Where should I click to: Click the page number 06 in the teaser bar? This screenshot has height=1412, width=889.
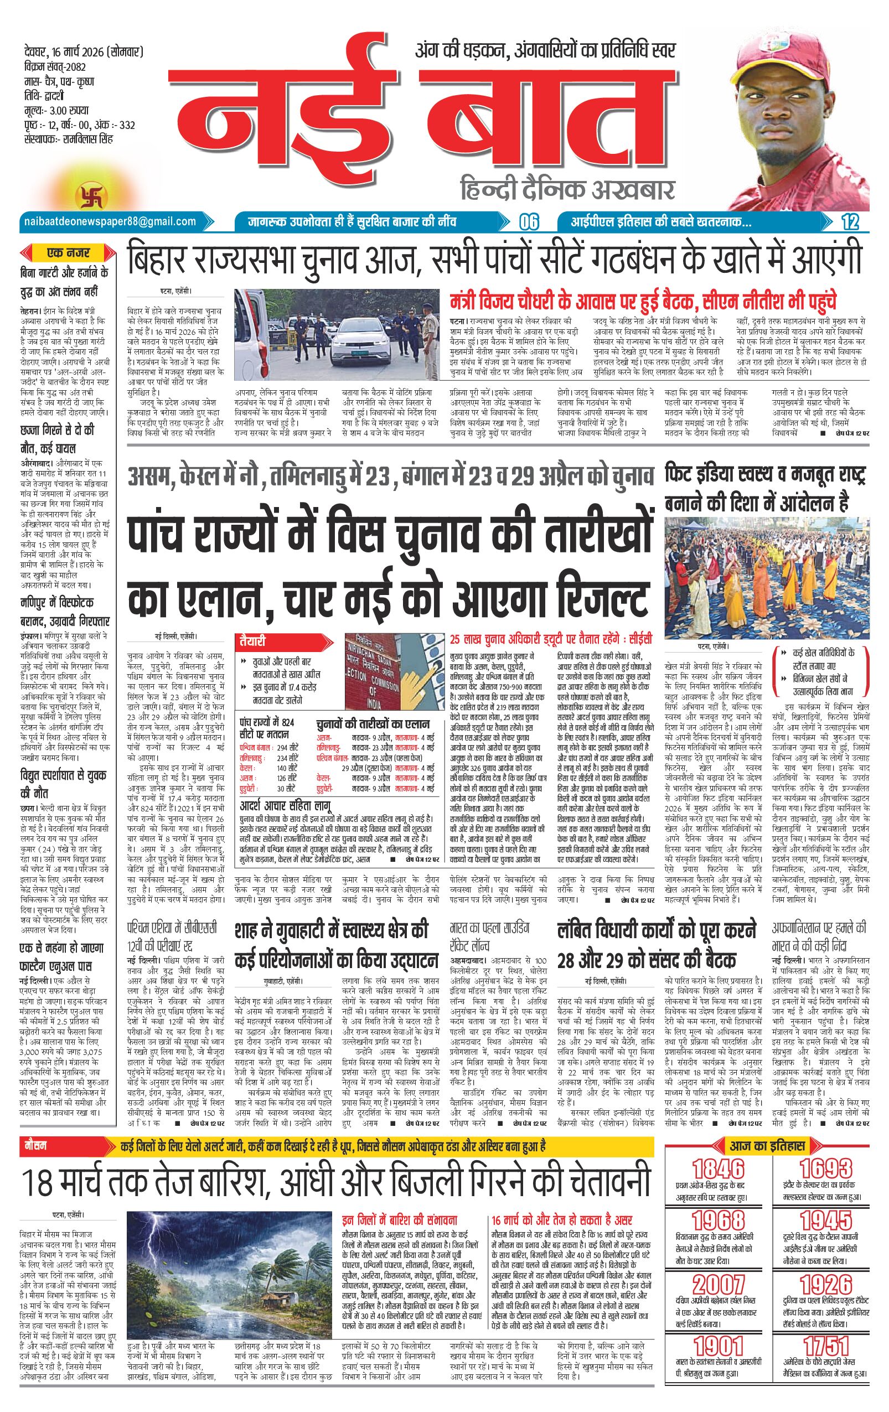[x=528, y=221]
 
